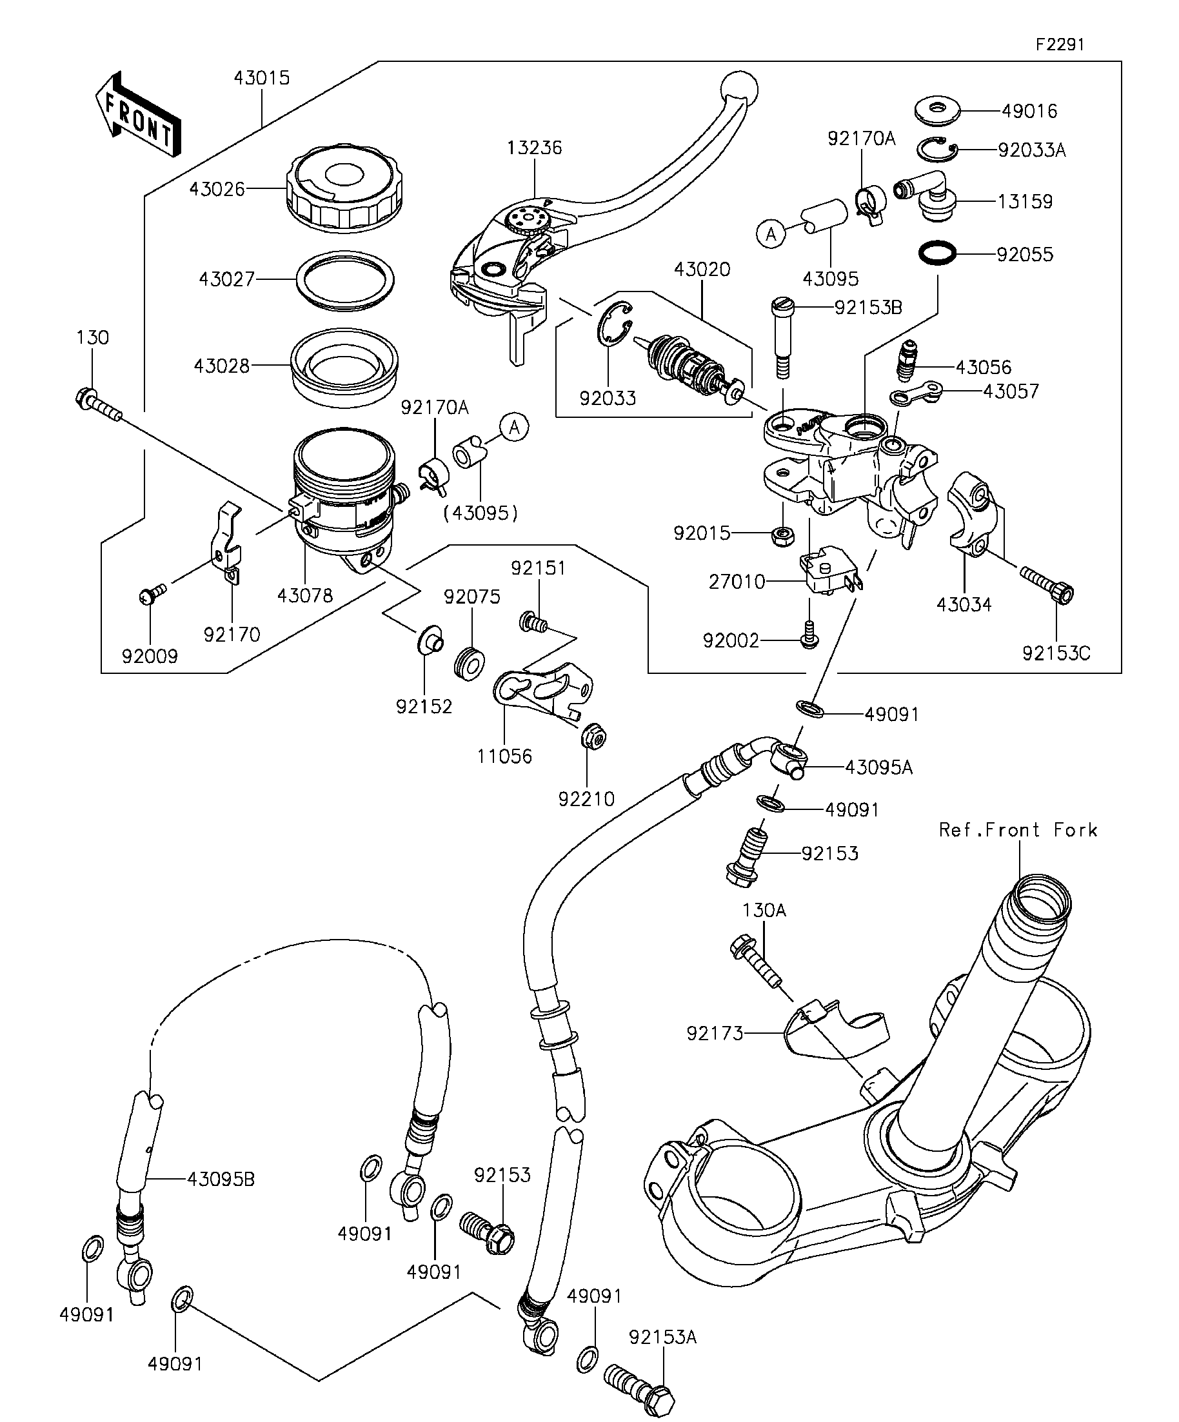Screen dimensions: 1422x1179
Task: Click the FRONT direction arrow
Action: click(x=138, y=115)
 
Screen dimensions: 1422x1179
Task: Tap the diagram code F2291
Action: click(x=1060, y=44)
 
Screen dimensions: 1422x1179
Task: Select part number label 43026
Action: click(x=217, y=189)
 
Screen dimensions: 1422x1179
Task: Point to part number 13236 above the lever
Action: click(x=535, y=148)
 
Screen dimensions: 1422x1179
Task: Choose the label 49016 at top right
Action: click(x=1029, y=111)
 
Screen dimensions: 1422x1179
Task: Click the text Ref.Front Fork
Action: click(x=1018, y=830)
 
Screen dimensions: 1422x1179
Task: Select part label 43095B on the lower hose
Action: click(x=221, y=1179)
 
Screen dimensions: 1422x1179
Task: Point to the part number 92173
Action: click(x=715, y=1033)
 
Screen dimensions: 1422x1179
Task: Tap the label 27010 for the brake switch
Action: click(x=737, y=582)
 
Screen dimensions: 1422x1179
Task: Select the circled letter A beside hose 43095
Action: click(x=771, y=234)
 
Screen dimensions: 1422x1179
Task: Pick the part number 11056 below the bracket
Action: click(x=504, y=756)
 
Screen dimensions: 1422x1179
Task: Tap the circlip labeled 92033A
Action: click(x=937, y=150)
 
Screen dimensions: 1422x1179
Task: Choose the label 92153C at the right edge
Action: click(x=1056, y=653)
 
